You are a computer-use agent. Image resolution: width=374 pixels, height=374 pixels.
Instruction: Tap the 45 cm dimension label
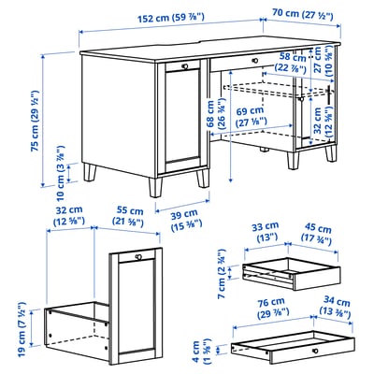[x=317, y=230]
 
